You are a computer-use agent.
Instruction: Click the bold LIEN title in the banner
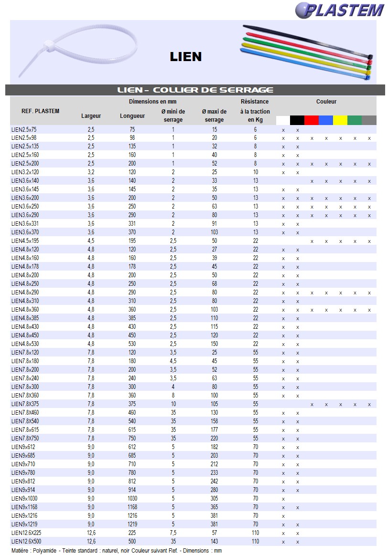186,57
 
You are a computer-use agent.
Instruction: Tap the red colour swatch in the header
312,120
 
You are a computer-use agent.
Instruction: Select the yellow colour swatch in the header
340,120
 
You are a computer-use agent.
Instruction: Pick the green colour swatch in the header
355,120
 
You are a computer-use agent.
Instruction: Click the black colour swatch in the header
297,120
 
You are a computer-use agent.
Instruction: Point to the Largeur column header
91,116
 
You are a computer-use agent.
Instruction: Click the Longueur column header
132,116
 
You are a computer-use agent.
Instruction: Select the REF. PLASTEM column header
41,111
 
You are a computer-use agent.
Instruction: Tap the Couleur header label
326,102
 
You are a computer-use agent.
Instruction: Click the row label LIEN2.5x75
24,130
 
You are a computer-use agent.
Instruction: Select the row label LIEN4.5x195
25,241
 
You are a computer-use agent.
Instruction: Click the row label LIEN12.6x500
26,542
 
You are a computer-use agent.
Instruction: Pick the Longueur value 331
132,224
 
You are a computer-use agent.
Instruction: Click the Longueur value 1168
132,507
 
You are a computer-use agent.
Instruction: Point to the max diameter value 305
214,499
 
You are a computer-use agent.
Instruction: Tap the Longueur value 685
132,456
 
